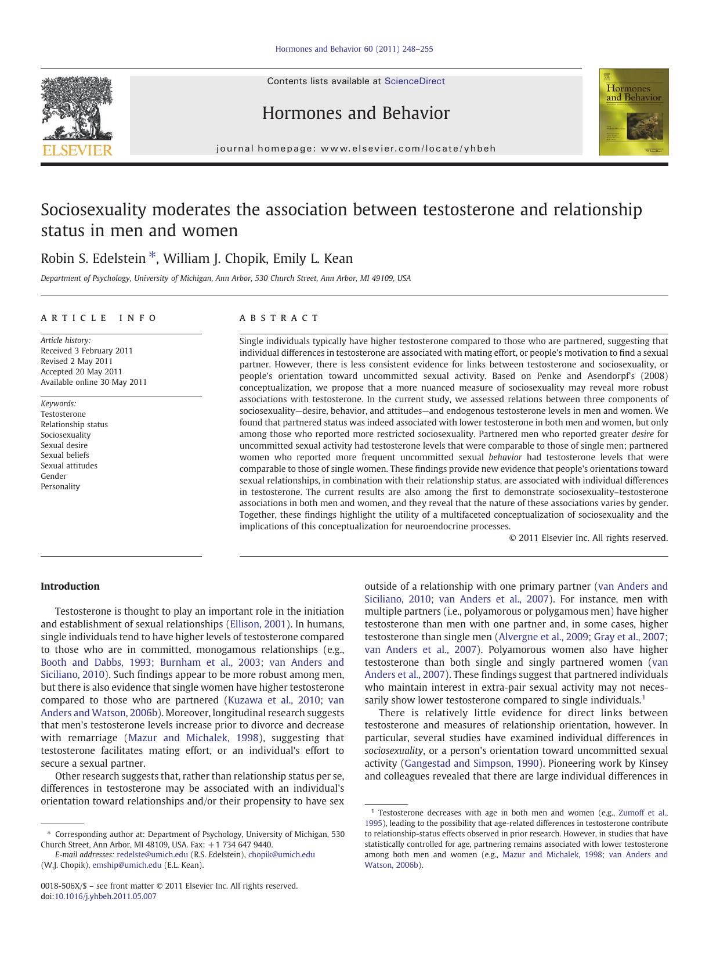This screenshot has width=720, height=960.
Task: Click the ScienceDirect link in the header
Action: tap(414, 81)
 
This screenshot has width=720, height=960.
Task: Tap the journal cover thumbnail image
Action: tap(634, 112)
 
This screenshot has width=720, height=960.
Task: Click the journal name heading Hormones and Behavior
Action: tap(356, 113)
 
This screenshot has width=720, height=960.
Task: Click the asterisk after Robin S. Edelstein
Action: tap(153, 256)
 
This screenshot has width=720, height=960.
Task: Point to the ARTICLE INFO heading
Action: tap(99, 318)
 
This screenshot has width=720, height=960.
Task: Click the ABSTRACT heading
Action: tap(279, 318)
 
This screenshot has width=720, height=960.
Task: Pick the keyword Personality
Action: tap(60, 486)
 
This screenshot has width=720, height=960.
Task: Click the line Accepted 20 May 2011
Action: tap(81, 371)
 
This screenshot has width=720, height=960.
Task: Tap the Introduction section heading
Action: tap(70, 586)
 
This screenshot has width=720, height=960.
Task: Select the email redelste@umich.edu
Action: tap(152, 854)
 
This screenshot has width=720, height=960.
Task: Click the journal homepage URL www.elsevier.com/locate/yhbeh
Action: tap(408, 149)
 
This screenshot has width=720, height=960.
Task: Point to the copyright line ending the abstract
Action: tap(588, 538)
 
